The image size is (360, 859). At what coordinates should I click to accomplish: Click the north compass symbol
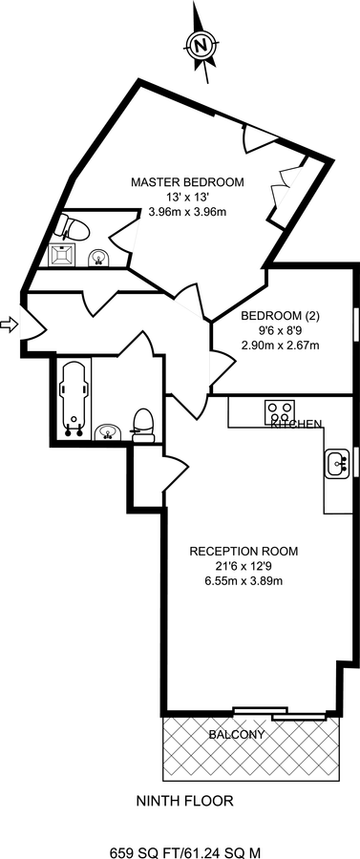coord(201,43)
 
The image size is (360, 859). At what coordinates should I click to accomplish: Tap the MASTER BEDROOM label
coord(187,182)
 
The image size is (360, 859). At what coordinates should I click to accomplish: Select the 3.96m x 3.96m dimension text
coord(188,211)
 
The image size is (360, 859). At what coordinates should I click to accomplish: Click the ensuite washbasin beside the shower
coord(99,257)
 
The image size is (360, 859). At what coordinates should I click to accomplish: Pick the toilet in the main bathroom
coord(143,425)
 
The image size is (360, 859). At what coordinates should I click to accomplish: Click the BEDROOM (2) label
coord(280,316)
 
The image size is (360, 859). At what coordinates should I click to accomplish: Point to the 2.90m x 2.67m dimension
coord(280,346)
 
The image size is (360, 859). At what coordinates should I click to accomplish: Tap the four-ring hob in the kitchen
coord(280,411)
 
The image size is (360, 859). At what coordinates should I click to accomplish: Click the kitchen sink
coord(337,465)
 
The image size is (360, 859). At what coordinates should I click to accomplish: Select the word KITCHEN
coord(296,424)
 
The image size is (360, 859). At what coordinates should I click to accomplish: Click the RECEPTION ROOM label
coord(244,551)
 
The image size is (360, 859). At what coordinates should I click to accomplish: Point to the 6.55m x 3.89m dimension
coord(244,580)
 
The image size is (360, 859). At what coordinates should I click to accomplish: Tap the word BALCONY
coord(237,735)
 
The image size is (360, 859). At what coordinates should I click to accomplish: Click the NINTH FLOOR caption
coord(184,801)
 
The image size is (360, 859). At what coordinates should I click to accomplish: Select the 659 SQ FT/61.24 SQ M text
coord(185,852)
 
